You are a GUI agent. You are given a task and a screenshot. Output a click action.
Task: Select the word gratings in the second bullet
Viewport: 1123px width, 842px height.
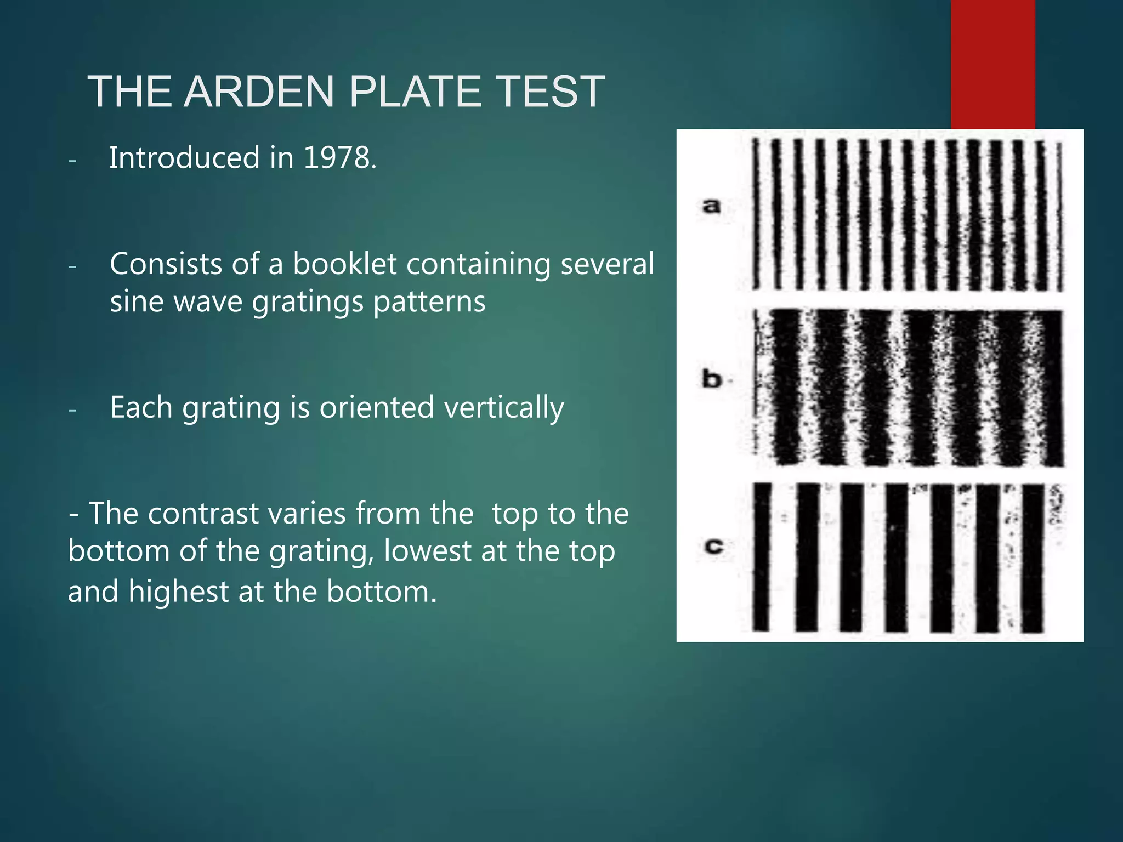(x=308, y=302)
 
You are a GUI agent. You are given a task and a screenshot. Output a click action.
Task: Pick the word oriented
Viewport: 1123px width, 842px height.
(x=377, y=408)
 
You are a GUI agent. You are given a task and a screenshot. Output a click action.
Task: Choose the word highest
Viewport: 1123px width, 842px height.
(x=179, y=592)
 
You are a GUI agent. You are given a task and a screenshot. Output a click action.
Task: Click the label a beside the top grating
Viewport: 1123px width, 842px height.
(x=711, y=206)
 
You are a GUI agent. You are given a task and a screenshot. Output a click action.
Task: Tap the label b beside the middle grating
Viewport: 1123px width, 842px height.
(x=712, y=379)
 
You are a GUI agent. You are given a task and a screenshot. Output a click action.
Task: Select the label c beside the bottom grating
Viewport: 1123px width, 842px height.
(x=713, y=546)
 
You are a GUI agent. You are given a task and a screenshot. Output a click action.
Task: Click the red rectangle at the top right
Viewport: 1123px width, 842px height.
(x=992, y=63)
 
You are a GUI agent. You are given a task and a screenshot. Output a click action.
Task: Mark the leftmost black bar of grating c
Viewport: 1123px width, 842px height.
(x=761, y=556)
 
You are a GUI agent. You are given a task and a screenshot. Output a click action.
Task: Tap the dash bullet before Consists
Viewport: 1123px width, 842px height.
(x=72, y=266)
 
